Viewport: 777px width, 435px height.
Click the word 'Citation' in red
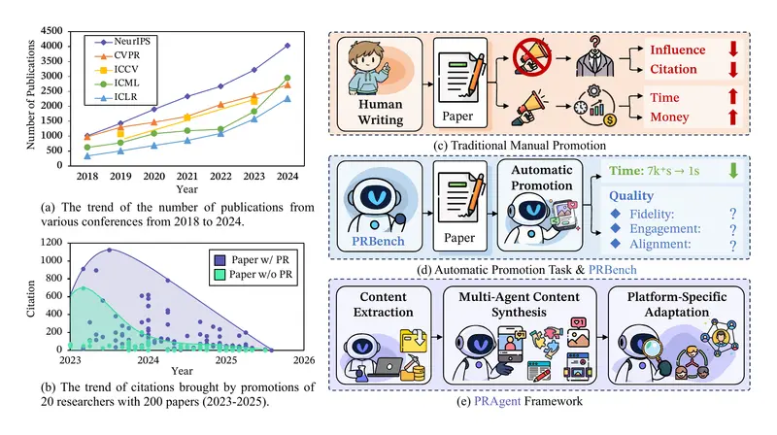[x=658, y=68]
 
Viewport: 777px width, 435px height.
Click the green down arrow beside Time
[x=731, y=172]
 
